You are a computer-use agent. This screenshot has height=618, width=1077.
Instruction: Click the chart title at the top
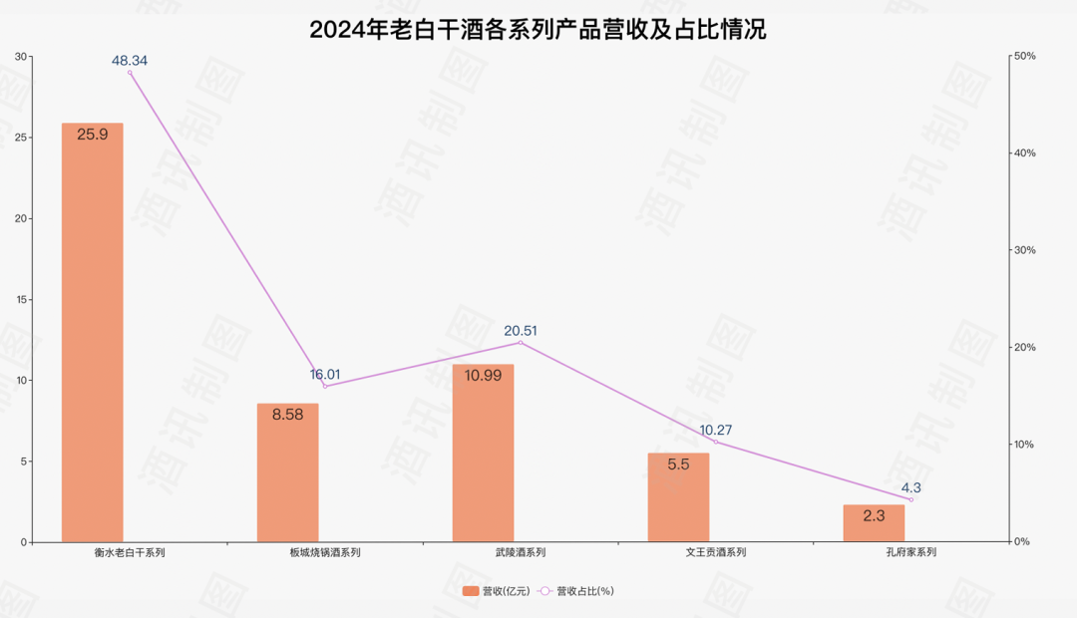538,29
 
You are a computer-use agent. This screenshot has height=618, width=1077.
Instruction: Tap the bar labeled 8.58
287,473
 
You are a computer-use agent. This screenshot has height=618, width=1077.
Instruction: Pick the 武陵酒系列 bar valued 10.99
483,454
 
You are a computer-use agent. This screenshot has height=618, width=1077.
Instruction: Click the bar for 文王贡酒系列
678,497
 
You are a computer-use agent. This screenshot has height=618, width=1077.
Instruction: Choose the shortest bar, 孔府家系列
874,523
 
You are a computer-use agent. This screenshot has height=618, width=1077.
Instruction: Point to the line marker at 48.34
130,73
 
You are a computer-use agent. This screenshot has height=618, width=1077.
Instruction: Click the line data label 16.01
325,375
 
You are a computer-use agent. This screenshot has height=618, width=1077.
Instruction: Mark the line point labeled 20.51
521,343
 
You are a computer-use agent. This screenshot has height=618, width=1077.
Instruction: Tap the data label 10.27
716,431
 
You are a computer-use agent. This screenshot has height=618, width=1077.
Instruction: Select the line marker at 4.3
910,499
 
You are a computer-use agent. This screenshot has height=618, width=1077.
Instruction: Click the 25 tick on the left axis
21,138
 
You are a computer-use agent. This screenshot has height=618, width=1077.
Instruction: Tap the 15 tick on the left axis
21,299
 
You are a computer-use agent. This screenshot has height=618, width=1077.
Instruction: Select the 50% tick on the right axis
1024,56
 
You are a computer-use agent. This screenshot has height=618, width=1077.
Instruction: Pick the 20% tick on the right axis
1024,347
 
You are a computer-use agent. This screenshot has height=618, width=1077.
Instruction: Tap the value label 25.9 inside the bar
93,134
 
